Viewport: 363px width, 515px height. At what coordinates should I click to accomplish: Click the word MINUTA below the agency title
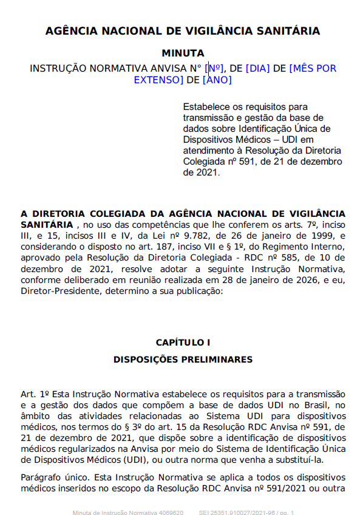click(x=183, y=53)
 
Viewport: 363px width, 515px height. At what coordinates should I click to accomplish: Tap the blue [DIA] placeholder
click(x=258, y=68)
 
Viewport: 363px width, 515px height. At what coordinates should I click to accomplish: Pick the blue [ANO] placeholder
click(x=217, y=80)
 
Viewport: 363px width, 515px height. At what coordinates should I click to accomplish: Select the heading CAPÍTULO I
click(x=183, y=343)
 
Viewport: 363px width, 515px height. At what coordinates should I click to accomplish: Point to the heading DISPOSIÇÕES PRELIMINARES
click(x=183, y=360)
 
